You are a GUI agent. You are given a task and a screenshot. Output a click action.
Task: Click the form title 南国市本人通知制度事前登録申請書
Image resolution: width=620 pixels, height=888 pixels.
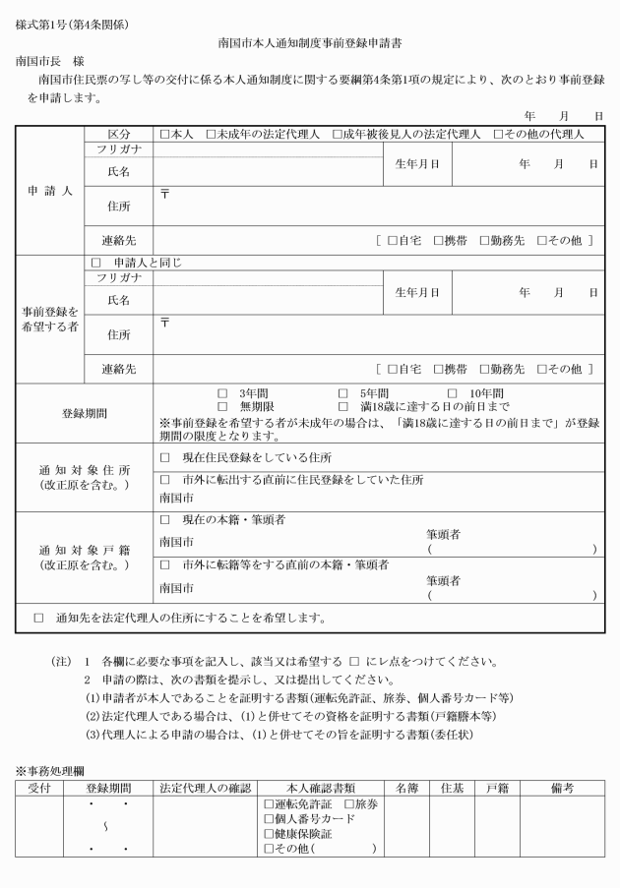(x=310, y=44)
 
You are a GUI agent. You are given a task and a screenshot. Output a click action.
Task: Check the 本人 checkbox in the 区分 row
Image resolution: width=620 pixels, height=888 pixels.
(x=164, y=134)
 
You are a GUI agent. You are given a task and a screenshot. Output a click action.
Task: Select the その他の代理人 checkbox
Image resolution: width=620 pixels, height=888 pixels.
(x=499, y=134)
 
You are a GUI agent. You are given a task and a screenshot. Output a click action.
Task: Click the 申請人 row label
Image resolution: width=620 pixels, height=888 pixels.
(x=49, y=192)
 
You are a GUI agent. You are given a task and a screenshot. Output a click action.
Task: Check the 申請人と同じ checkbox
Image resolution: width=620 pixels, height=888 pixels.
(x=96, y=264)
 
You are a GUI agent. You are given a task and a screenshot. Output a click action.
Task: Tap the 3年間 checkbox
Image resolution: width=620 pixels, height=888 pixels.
(x=222, y=393)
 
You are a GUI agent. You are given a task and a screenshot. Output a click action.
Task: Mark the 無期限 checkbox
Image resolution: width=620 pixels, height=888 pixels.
(x=222, y=406)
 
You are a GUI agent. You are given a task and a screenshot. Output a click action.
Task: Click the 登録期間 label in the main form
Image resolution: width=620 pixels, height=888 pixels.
(x=85, y=414)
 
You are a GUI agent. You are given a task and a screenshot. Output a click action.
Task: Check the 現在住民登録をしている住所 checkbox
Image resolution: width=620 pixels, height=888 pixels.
(x=164, y=458)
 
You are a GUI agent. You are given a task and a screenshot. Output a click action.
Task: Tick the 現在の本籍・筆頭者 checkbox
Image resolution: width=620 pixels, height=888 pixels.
(x=164, y=518)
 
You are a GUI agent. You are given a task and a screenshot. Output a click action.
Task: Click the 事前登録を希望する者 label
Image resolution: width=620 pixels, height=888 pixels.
(x=49, y=320)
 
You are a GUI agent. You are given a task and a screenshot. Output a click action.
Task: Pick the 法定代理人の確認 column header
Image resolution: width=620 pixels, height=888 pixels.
(x=206, y=788)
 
